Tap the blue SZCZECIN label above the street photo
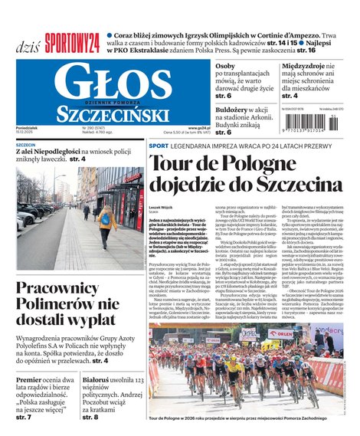26,144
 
